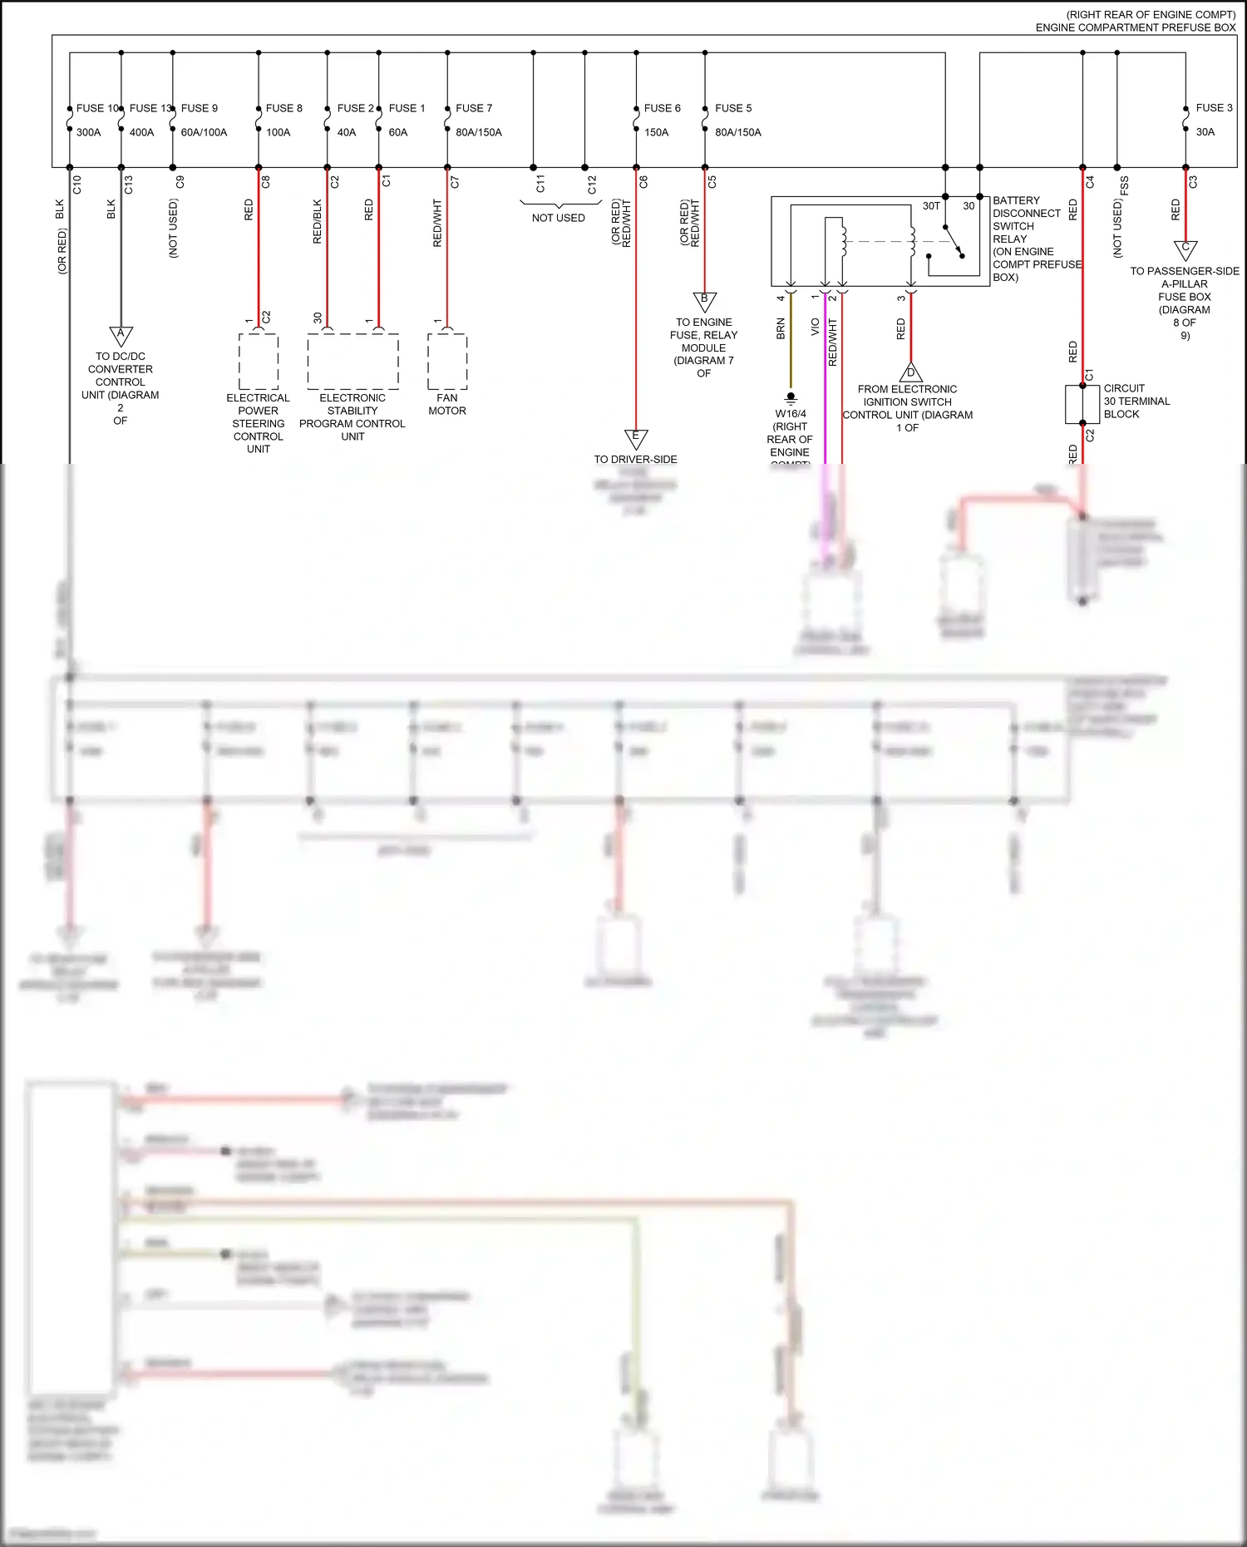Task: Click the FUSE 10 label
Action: coord(96,108)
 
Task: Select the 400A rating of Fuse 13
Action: coord(141,132)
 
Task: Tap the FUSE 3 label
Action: coord(1214,108)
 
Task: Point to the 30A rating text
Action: coord(1205,132)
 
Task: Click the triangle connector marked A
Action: coord(121,335)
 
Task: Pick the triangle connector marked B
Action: coord(704,300)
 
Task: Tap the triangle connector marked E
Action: coord(636,437)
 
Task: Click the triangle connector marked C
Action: coord(1185,249)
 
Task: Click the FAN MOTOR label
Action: coord(447,404)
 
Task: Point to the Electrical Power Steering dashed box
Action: coord(259,362)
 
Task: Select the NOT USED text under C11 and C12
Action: coord(559,218)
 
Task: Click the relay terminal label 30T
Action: coord(931,206)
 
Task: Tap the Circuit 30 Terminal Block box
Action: coord(1082,404)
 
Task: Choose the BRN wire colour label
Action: coord(781,328)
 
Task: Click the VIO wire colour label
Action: coord(815,327)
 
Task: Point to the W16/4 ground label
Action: coord(791,413)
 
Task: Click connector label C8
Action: coord(266,181)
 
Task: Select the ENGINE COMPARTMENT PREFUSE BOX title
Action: coord(1135,27)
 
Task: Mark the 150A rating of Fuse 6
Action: coord(656,132)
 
